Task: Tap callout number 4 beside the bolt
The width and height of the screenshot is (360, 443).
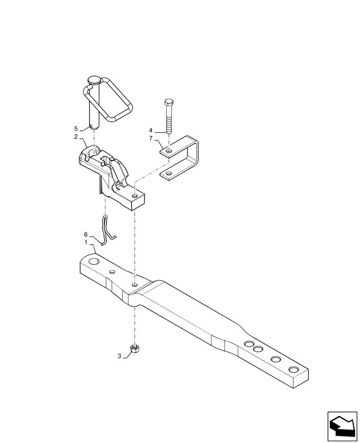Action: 151,131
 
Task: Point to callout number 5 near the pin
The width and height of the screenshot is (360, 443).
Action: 76,128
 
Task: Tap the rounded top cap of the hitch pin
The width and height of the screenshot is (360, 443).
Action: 94,81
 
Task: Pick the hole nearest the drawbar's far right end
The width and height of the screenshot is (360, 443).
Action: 293,369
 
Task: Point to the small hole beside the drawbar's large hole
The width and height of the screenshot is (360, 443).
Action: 112,272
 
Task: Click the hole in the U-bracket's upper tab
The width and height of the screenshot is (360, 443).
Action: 168,151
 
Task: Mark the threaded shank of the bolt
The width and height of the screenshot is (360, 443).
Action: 168,122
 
